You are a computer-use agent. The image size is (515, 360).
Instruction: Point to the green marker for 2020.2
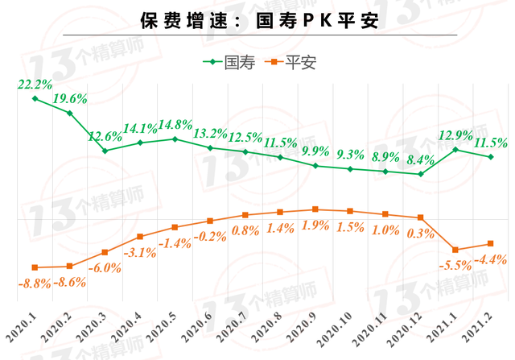(70, 113)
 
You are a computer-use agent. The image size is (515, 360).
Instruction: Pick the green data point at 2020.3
(105, 151)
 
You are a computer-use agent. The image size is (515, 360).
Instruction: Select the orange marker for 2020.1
(35, 267)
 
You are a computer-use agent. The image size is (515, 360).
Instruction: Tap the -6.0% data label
(104, 268)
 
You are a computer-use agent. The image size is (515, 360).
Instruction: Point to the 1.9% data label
(315, 226)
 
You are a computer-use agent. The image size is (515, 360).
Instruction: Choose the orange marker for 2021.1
(455, 250)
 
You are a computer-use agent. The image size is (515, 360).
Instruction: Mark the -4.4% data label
(489, 259)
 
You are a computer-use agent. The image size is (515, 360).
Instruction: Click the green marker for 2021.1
(455, 149)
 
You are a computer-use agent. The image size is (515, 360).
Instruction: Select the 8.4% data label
(421, 159)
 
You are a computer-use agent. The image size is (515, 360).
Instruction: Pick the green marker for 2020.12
(421, 173)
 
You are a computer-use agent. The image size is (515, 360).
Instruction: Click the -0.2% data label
(210, 236)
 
